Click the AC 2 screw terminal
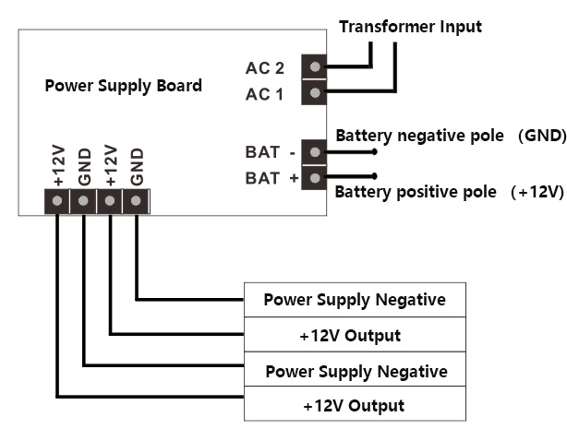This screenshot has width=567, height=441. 316,67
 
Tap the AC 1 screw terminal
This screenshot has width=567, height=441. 316,93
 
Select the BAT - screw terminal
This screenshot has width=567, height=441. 316,152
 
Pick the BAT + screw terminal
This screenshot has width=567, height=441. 316,177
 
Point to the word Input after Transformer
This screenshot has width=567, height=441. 459,27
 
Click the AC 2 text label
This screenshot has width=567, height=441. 265,68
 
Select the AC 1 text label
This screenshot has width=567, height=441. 265,94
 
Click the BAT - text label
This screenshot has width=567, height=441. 270,153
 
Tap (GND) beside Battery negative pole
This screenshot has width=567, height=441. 541,136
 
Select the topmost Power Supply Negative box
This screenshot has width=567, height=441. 355,300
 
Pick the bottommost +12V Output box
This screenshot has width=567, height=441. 355,406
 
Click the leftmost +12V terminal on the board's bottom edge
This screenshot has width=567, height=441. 57,200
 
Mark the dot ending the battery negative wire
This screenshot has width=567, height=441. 374,151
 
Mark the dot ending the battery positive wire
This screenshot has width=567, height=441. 374,175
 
